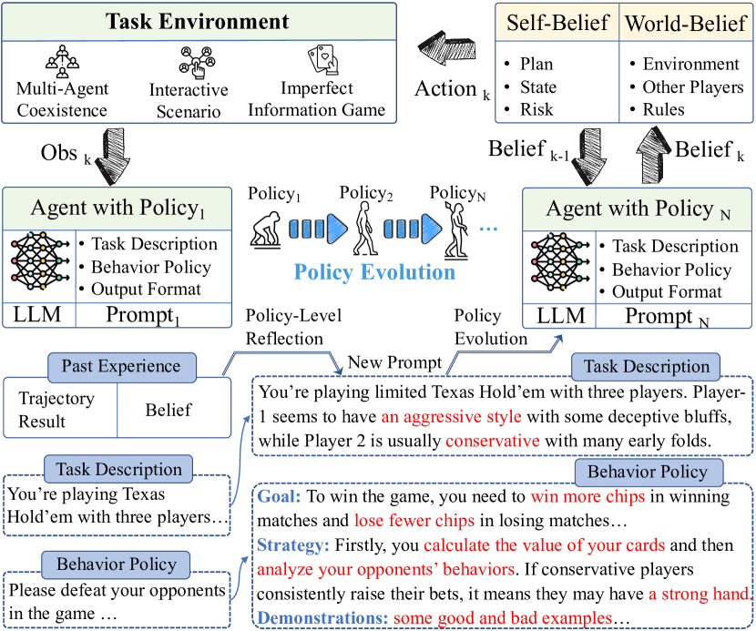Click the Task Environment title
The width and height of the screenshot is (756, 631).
(198, 22)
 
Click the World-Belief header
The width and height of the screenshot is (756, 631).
(686, 21)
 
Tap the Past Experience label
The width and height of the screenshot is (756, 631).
(121, 367)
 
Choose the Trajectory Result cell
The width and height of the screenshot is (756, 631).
(56, 410)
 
